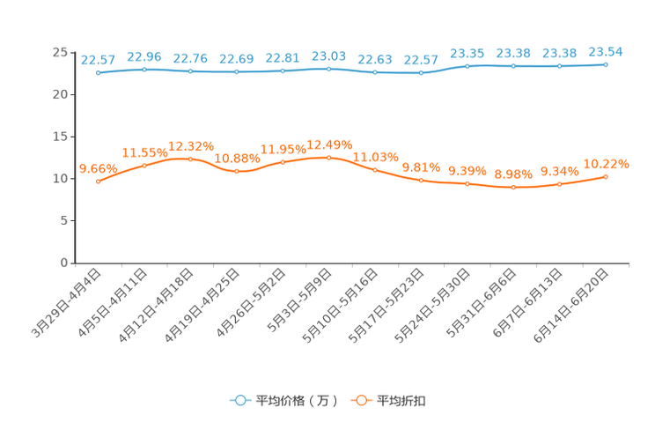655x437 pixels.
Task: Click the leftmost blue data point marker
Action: [x=98, y=73]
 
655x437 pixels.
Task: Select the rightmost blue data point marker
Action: [x=606, y=64]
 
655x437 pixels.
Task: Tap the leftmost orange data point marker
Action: [x=98, y=181]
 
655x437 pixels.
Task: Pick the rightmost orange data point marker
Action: [x=606, y=177]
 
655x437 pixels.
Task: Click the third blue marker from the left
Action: [x=190, y=70]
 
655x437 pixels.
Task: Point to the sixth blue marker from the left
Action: [x=328, y=68]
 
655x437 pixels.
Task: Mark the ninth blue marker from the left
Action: [x=467, y=66]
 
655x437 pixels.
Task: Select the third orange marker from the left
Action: [x=190, y=159]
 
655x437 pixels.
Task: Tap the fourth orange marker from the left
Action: [x=236, y=171]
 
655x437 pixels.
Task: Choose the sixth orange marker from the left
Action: [x=328, y=158]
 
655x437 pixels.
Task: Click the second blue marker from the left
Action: [x=144, y=69]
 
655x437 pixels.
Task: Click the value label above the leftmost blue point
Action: [x=98, y=60]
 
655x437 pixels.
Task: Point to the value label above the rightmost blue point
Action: [x=606, y=51]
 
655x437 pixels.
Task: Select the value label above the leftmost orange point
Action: [x=98, y=167]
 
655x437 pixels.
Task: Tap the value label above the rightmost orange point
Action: [x=607, y=163]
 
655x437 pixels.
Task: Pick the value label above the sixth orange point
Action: [x=329, y=143]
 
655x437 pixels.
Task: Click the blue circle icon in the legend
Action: [x=239, y=400]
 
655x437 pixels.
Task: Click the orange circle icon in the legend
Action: [x=359, y=400]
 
